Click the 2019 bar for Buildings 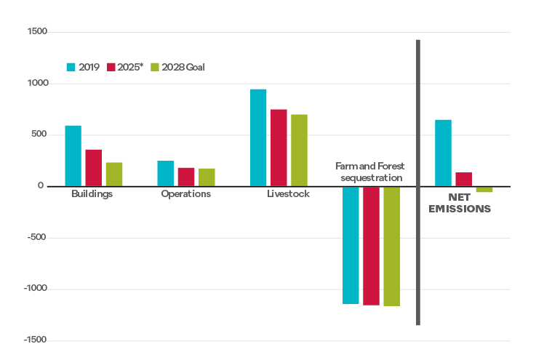coord(73,156)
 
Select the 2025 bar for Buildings coord(93,167)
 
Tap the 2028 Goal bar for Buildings coord(114,174)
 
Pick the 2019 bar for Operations coord(165,173)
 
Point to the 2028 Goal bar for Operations coord(207,177)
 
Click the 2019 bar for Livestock coord(258,137)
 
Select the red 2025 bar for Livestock coord(279,148)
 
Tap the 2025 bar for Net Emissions coord(463,179)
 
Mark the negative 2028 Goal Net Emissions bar coord(484,189)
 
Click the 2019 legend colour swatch coord(71,67)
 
